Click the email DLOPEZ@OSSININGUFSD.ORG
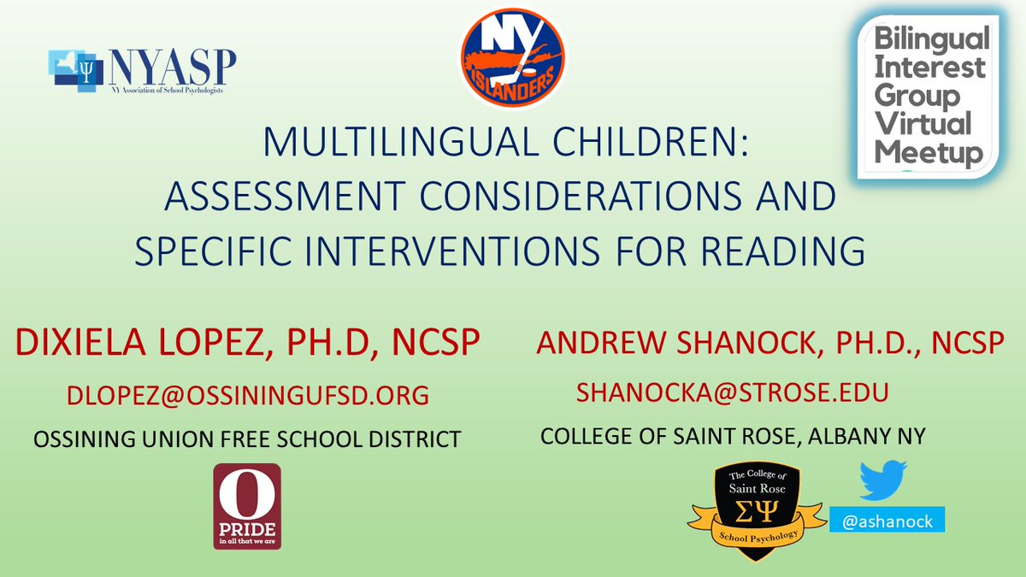pos(248,396)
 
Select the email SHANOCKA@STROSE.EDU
pos(733,392)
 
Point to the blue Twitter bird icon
pos(883,482)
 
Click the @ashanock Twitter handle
pos(881,518)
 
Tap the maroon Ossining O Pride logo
pos(246,506)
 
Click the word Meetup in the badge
pos(927,153)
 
